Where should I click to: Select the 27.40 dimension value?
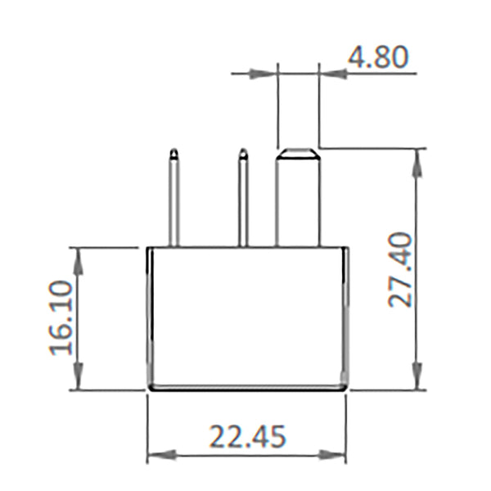tap(400, 268)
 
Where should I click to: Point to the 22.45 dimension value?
tap(247, 436)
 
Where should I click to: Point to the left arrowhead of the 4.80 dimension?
tap(266, 74)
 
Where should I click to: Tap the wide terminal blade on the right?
tap(297, 200)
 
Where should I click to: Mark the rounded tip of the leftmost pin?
tap(173, 153)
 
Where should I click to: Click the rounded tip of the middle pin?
tap(243, 153)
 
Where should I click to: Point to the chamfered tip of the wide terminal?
tap(297, 152)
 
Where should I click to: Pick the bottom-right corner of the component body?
tap(345, 389)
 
